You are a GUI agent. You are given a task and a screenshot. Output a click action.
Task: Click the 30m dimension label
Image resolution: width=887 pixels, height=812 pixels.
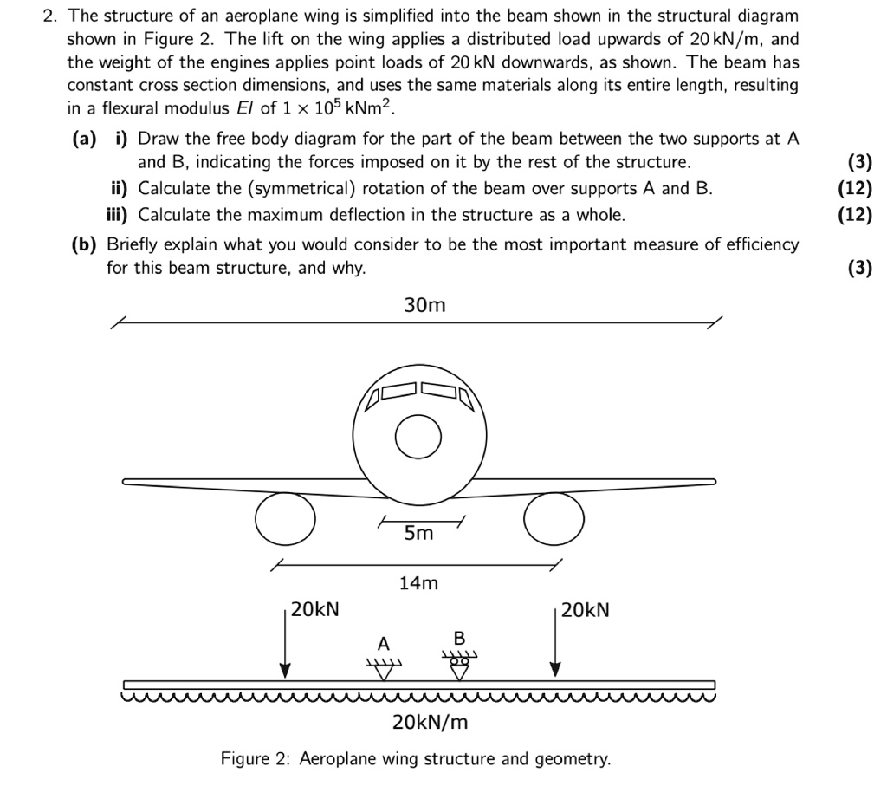pos(424,305)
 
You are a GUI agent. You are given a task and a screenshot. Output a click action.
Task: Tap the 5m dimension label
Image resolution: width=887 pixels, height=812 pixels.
pos(418,534)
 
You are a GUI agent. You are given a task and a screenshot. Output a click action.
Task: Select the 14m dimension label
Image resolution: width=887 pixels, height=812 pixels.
pos(418,583)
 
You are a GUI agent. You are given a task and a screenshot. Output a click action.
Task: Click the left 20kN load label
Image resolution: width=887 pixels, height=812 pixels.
pos(315,610)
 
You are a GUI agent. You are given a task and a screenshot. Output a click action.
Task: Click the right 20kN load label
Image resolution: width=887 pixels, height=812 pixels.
pos(586,610)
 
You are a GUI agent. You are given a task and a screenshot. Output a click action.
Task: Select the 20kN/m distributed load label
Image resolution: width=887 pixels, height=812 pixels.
pos(430,721)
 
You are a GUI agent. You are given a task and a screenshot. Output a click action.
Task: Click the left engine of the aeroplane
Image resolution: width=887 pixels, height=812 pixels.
pos(285,519)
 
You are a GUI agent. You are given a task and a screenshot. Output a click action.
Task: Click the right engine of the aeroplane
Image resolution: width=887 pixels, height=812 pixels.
pos(554,519)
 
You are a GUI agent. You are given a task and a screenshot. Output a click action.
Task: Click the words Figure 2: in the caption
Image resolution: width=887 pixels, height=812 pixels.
pos(256,759)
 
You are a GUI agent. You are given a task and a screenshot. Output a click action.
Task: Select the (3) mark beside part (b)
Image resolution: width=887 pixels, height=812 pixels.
pos(859,268)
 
